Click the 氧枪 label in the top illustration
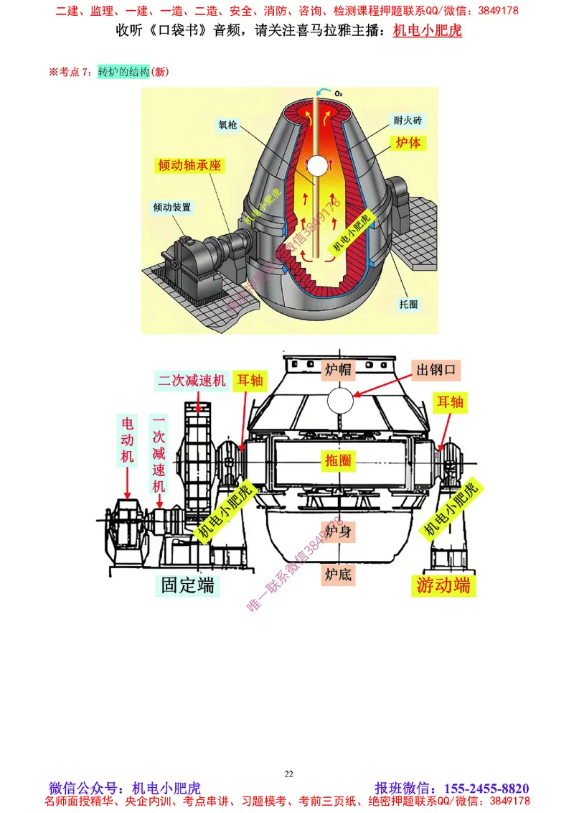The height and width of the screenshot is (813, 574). tap(227, 123)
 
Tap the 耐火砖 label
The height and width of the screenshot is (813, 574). tap(406, 120)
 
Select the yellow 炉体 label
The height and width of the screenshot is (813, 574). tap(408, 143)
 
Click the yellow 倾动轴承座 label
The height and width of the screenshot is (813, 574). tap(190, 165)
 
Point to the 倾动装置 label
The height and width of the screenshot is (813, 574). tap(172, 207)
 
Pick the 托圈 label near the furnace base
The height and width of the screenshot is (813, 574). tap(408, 304)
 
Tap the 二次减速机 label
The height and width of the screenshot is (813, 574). tap(192, 381)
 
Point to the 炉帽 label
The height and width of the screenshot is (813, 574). tap(337, 370)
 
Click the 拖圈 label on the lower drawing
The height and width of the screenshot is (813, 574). tap(338, 461)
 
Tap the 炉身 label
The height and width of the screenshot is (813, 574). tap(337, 532)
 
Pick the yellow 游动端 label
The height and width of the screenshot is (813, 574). tap(444, 585)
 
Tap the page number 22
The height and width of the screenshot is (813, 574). tap(288, 773)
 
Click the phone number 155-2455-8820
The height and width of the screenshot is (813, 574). tap(487, 788)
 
